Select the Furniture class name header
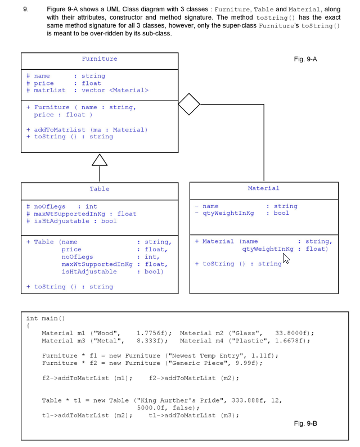100,58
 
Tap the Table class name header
100,188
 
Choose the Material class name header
263,188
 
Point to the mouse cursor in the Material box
286,259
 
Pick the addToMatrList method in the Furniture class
63,129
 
